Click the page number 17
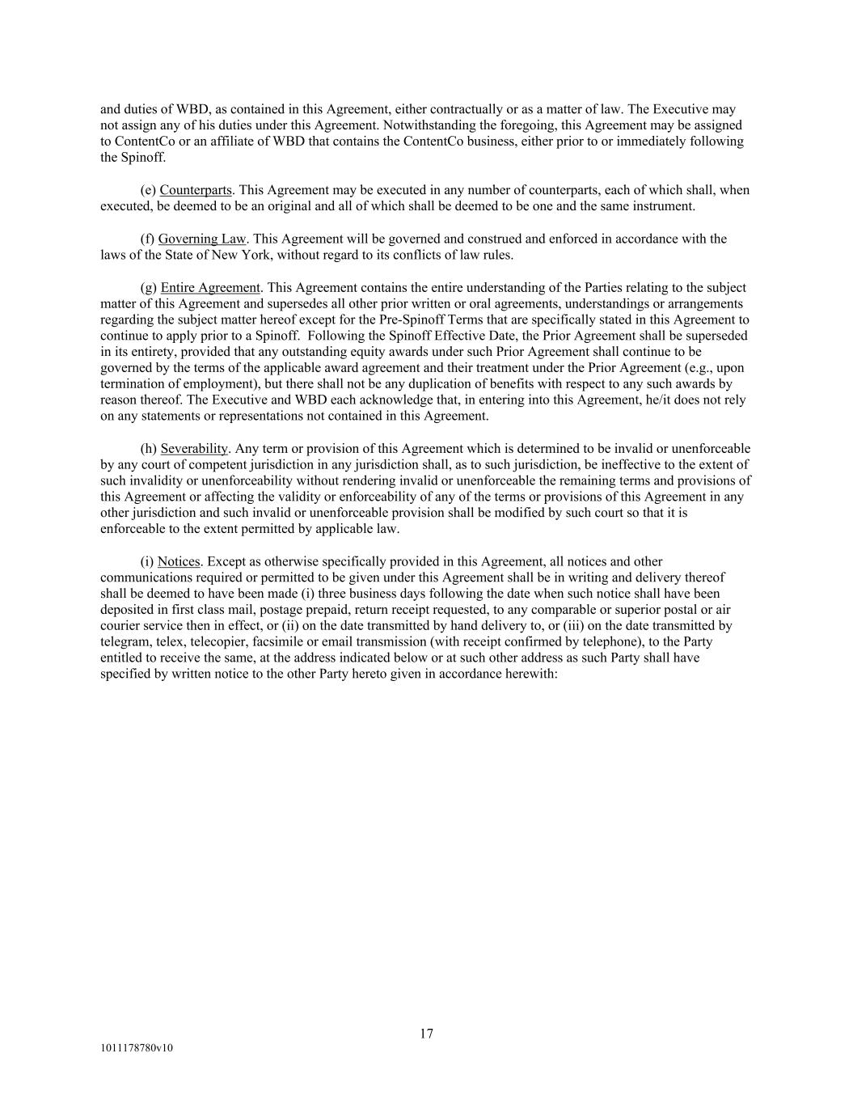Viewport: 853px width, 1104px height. coord(426,1033)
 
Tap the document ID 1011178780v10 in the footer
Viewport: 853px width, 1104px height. coord(137,1048)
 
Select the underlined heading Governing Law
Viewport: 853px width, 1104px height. coord(201,239)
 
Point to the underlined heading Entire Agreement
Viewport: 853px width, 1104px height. coord(210,287)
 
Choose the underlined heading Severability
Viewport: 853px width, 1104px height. coord(194,448)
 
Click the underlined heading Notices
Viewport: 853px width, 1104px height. coord(179,561)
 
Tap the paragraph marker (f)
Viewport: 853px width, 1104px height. coord(147,239)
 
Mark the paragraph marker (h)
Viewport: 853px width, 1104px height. coord(148,448)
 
